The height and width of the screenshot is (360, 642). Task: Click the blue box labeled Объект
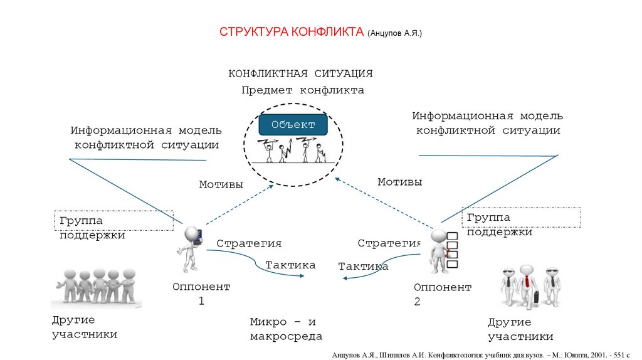pos(293,125)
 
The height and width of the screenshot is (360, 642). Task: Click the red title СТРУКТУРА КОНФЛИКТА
pos(292,32)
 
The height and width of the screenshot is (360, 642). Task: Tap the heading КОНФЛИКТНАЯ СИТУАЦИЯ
pos(300,73)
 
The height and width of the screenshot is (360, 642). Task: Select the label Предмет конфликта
pos(303,90)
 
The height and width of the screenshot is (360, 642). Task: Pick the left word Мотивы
pos(221,184)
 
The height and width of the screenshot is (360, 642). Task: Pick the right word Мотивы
pos(399,182)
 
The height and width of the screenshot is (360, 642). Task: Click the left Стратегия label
pos(249,243)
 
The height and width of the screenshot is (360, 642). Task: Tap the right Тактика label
pos(363,267)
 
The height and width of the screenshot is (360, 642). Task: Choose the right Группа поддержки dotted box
pos(522,218)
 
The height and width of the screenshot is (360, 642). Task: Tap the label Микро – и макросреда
pos(286,329)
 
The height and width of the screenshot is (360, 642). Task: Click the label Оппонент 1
pos(201,294)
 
